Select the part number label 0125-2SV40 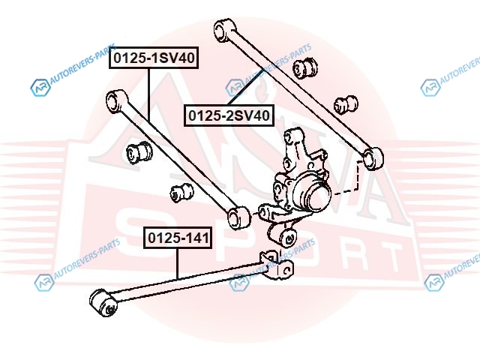click(228, 115)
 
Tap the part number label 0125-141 click(178, 239)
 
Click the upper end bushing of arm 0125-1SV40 click(115, 100)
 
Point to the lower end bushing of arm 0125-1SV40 click(238, 217)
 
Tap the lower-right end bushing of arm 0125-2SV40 click(373, 157)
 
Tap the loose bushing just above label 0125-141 click(180, 191)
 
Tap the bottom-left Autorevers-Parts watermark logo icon click(42, 282)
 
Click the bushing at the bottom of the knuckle click(286, 239)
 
